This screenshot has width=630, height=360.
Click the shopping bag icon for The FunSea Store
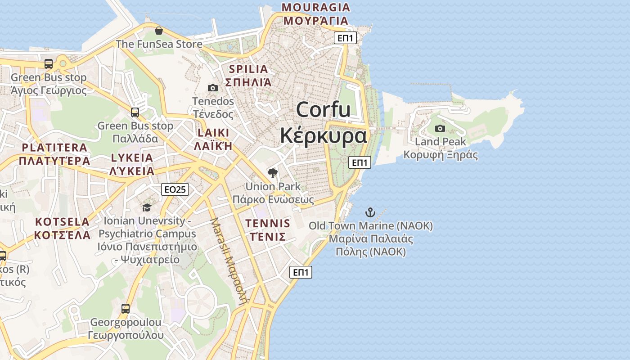tap(158, 31)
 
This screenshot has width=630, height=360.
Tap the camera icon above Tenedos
tap(213, 88)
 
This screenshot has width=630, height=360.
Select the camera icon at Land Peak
tap(440, 128)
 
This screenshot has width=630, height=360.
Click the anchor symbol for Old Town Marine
tap(370, 212)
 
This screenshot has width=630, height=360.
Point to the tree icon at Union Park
tap(272, 173)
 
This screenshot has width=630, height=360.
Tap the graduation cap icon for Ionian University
tap(147, 207)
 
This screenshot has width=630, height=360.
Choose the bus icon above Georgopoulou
tap(126, 309)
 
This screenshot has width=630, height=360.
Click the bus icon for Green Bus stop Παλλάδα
tap(135, 112)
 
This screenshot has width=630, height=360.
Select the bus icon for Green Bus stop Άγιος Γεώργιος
tap(49, 64)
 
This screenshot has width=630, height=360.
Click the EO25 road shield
tap(175, 189)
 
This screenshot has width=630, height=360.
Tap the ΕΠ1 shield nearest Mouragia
tap(346, 38)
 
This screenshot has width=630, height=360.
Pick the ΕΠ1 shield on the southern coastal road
tap(301, 272)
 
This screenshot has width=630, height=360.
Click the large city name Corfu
tap(323, 109)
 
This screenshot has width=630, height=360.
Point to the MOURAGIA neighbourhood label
tap(315, 8)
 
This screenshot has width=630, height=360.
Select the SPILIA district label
tap(248, 69)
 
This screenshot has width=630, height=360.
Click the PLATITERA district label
tap(54, 148)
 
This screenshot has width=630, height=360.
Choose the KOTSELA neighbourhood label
tap(63, 222)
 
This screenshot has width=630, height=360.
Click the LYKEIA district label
tap(132, 158)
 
